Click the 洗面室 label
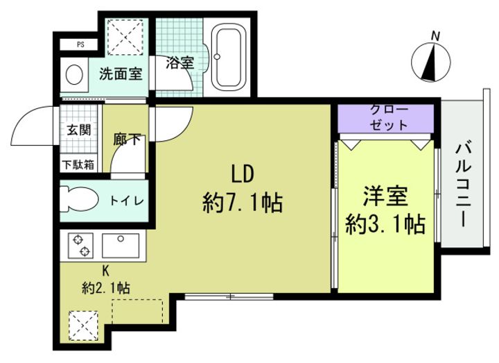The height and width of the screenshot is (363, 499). [x=122, y=71]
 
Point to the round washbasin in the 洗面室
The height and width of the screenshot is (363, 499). [x=73, y=74]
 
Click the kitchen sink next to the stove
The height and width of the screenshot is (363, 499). [x=120, y=244]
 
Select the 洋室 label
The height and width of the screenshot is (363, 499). [x=385, y=196]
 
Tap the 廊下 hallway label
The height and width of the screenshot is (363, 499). [x=128, y=139]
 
